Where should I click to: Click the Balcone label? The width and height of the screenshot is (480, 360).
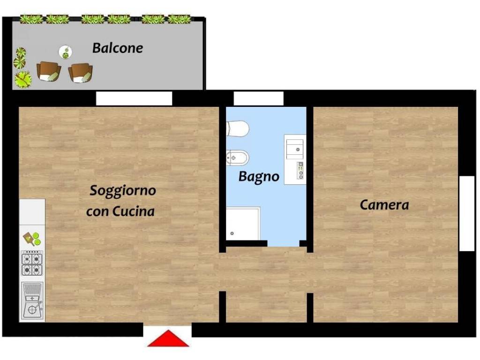click(117, 48)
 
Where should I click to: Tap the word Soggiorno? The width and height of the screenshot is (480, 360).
click(122, 191)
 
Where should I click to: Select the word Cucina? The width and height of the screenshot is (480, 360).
click(134, 212)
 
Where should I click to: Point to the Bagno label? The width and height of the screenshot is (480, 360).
click(259, 177)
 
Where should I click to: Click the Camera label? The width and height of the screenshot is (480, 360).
click(384, 205)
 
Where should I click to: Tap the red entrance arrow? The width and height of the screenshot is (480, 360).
click(168, 339)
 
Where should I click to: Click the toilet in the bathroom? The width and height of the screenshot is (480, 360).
click(237, 128)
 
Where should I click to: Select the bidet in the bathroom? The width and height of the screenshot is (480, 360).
click(237, 157)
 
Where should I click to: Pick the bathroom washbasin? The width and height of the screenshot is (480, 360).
click(295, 147)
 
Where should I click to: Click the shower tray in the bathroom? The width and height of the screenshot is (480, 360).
click(243, 224)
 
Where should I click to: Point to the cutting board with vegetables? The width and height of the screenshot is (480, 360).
click(32, 239)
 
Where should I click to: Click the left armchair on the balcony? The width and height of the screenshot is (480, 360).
click(49, 71)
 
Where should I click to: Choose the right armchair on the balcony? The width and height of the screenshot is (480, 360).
click(81, 73)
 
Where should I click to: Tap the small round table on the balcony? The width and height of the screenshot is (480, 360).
click(66, 52)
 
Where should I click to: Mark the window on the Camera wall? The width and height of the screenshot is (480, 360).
click(467, 213)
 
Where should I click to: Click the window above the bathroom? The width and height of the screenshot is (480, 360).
click(258, 98)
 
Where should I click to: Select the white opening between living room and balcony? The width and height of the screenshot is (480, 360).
click(134, 98)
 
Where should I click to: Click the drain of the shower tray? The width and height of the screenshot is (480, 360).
click(232, 233)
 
